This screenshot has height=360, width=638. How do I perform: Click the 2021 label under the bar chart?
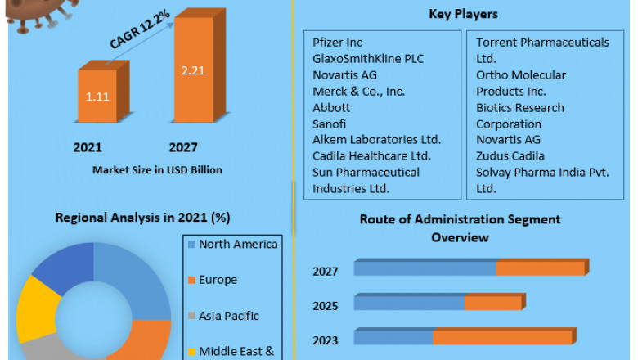click(x=88, y=148)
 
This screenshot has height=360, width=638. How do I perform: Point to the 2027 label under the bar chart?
click(x=183, y=148)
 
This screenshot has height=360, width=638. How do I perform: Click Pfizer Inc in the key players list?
click(x=337, y=42)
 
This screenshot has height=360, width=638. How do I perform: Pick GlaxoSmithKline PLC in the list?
click(x=368, y=58)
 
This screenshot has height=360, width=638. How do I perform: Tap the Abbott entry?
click(x=331, y=107)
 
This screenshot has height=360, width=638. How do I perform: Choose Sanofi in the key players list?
click(x=330, y=124)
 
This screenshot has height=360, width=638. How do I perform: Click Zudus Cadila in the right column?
click(x=510, y=155)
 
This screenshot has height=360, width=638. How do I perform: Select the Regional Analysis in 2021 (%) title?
click(x=142, y=217)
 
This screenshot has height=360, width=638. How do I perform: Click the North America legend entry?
click(x=237, y=244)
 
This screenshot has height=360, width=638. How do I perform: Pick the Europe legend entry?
click(x=218, y=280)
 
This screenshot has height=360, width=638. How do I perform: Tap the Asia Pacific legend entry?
click(x=229, y=315)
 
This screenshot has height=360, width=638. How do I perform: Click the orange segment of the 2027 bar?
click(x=540, y=268)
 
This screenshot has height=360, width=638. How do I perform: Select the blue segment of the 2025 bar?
click(x=409, y=303)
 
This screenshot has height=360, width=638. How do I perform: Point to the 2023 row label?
click(x=325, y=339)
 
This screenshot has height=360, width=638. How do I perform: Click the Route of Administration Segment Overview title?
click(x=460, y=228)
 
